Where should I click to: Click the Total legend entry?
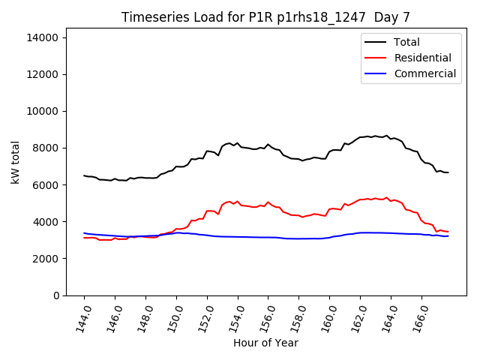click(406, 42)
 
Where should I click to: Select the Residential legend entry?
click(422, 58)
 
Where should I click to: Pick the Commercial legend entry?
click(424, 73)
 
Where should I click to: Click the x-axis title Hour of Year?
click(265, 343)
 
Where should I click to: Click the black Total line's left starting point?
click(84, 175)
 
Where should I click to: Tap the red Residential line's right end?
click(448, 232)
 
